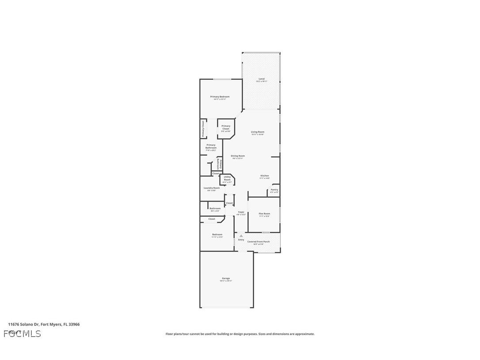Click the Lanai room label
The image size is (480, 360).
pos(262,79)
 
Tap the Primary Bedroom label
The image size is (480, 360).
pos(220,97)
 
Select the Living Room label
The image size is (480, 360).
pos(258,132)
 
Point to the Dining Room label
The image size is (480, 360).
pos(238,156)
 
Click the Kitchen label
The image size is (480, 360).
pos(264,176)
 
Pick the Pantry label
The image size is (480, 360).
pos(274,190)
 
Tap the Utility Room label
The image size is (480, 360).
pos(227,178)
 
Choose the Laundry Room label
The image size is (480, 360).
pos(212,188)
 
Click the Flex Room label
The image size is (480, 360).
pos(264,214)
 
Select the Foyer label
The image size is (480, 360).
pos(241,212)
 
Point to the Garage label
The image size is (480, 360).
pos(226,278)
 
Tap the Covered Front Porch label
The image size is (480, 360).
pos(259,241)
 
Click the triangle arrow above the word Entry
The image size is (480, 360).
pos(241,236)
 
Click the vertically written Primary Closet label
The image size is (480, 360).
pos(203,128)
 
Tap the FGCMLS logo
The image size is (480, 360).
pos(22,333)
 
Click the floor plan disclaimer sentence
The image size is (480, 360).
pos(240,334)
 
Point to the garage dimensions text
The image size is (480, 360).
pos(226,281)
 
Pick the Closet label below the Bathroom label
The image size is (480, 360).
pos(212,219)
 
